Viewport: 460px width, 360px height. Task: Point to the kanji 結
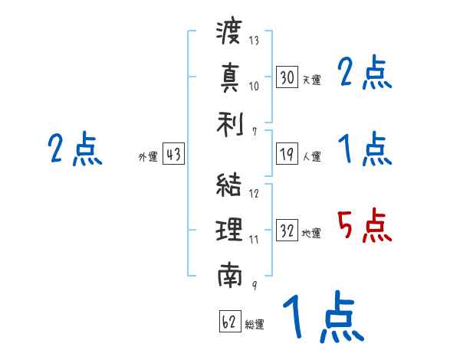tap(229, 185)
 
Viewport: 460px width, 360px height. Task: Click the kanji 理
tap(229, 229)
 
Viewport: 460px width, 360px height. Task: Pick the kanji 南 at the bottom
tap(229, 273)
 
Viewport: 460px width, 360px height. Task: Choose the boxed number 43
tap(173, 155)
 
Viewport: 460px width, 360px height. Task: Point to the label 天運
tap(312, 80)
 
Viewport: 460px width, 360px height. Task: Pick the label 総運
tap(255, 324)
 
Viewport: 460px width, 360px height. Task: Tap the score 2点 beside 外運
tap(74, 149)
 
